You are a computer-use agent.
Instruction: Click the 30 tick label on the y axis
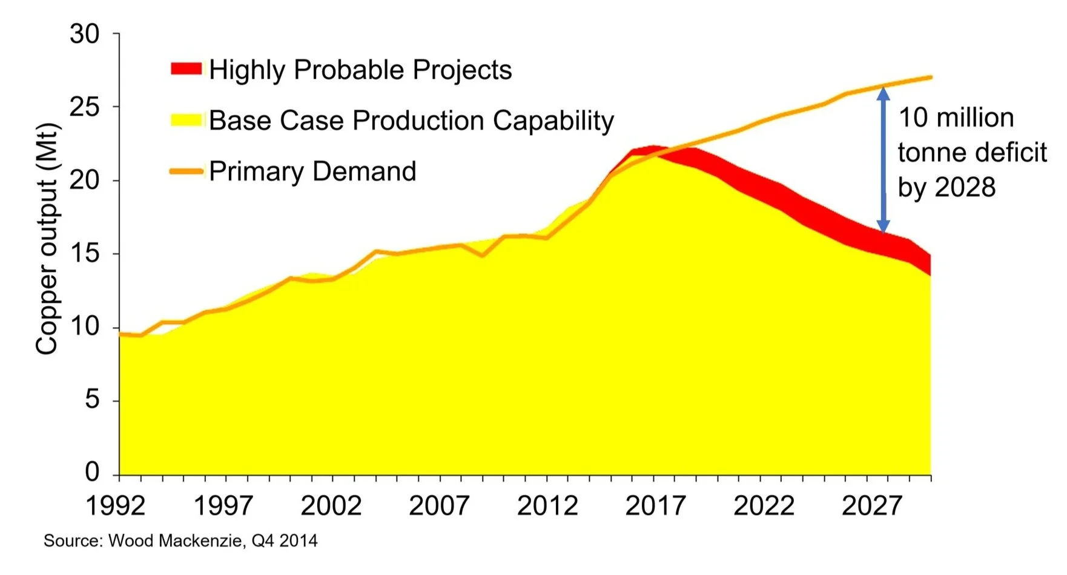84,35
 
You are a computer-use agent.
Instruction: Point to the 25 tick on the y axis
84,107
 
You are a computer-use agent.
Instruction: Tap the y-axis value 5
92,400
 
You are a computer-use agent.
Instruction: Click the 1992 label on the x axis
116,505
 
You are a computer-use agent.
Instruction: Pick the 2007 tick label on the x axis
439,505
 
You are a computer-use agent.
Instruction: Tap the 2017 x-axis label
655,505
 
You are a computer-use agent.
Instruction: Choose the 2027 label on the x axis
871,505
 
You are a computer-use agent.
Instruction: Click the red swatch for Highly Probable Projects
187,68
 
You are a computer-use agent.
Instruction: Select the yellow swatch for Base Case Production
187,119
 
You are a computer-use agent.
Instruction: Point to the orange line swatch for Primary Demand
187,171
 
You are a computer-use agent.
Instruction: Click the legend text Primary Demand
312,171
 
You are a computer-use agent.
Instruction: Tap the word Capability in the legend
553,121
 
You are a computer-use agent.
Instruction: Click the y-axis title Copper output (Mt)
47,239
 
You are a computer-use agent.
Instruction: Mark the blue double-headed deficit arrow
884,160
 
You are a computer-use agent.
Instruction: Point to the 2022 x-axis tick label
764,505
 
